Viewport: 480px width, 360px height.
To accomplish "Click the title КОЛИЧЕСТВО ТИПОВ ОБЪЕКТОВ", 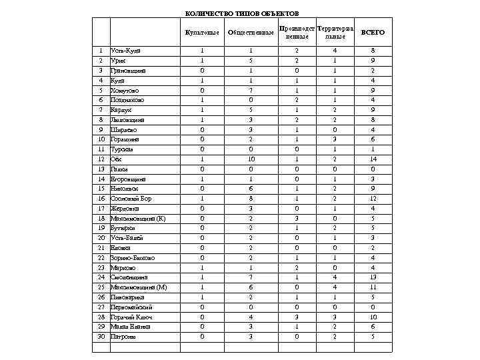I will (x=242, y=14).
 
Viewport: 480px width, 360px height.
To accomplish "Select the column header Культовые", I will (x=202, y=33).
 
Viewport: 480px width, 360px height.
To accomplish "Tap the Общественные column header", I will (x=251, y=33).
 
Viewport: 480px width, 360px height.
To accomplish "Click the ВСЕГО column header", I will (x=373, y=33).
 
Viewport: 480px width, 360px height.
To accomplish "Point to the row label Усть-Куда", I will (x=125, y=51).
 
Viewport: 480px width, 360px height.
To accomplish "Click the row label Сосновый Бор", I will (x=131, y=199).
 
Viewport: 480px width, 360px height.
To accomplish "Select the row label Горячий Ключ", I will (x=131, y=317).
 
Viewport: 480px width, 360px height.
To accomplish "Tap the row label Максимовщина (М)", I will (x=139, y=287).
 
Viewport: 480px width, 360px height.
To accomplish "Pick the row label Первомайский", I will (x=131, y=307).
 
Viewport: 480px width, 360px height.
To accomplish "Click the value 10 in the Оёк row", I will (x=251, y=159).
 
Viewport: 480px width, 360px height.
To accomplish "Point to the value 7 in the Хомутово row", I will (x=251, y=90).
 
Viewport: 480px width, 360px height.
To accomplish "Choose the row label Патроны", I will (x=123, y=337).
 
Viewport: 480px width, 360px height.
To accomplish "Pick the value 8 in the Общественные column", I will (x=251, y=199).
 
